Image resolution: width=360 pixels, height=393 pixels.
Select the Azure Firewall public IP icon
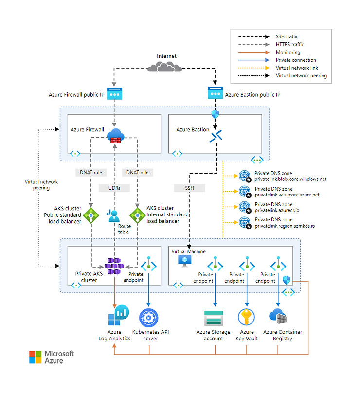pyautogui.click(x=114, y=93)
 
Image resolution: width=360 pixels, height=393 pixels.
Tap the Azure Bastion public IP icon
pyautogui.click(x=215, y=93)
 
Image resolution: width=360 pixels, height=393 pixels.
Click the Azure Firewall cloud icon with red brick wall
pyautogui.click(x=115, y=136)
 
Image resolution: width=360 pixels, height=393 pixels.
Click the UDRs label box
pyautogui.click(x=115, y=188)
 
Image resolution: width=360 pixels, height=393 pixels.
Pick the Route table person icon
pyautogui.click(x=114, y=214)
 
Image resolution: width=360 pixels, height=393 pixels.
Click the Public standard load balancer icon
pyautogui.click(x=90, y=214)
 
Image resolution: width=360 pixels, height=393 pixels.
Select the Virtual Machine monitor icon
pyautogui.click(x=185, y=261)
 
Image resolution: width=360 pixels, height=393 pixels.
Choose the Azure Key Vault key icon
pyautogui.click(x=246, y=317)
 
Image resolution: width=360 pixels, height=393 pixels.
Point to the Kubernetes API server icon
pyautogui.click(x=148, y=317)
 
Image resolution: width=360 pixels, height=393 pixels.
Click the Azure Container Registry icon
pyautogui.click(x=279, y=317)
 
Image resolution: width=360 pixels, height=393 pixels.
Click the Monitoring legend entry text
pyautogui.click(x=288, y=52)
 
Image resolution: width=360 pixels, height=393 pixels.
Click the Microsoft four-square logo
pyautogui.click(x=36, y=357)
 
